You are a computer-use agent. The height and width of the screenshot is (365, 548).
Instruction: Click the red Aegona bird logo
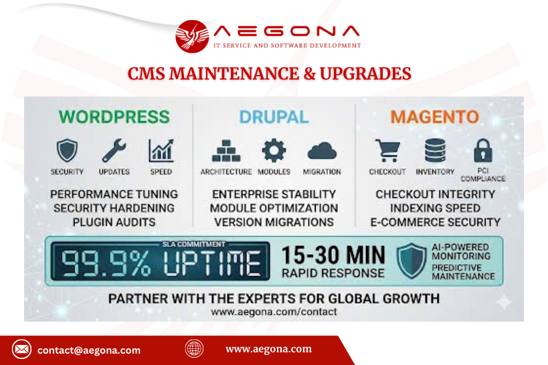(x=192, y=36)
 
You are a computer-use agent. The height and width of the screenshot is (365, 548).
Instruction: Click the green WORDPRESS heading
(x=114, y=117)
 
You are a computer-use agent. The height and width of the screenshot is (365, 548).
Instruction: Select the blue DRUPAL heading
(x=274, y=117)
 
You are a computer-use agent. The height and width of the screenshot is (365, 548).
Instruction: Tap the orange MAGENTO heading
(x=434, y=117)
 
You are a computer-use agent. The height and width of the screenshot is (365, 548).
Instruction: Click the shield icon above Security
(x=67, y=150)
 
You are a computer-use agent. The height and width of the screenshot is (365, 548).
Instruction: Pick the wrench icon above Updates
(x=114, y=150)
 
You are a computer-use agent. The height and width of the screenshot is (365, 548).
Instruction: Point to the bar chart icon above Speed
(x=161, y=150)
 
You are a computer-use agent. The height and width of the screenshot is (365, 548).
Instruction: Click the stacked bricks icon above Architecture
(x=226, y=150)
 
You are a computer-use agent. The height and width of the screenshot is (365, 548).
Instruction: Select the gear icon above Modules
(x=274, y=150)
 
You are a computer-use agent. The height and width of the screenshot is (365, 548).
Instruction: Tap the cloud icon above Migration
(x=322, y=151)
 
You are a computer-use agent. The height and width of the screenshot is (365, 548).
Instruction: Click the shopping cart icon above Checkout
(x=387, y=150)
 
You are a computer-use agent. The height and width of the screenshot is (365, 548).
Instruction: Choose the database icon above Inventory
(x=435, y=150)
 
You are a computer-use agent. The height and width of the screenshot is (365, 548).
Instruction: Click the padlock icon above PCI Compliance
(x=483, y=150)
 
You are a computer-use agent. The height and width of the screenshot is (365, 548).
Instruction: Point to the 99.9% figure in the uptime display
(x=106, y=263)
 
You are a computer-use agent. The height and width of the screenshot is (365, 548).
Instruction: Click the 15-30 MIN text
(x=333, y=255)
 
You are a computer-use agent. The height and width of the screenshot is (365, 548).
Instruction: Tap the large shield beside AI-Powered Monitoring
(x=412, y=261)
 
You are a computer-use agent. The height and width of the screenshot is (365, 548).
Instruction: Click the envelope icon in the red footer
(x=21, y=349)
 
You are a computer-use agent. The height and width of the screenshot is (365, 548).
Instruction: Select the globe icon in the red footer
(x=194, y=348)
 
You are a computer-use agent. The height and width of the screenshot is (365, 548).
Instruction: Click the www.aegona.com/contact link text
(x=274, y=312)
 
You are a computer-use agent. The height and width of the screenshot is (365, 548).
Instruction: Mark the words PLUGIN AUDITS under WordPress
(x=114, y=222)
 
